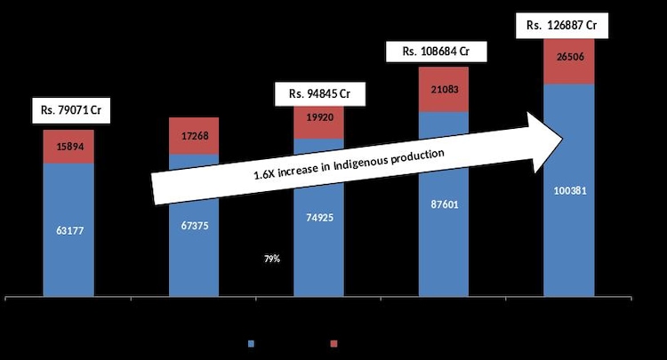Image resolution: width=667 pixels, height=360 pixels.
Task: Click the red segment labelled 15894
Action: click(x=68, y=146)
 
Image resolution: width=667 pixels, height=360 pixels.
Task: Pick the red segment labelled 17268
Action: click(x=194, y=136)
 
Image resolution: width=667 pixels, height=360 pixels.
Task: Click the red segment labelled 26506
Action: click(x=569, y=60)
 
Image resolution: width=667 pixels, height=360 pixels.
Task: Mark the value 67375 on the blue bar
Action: click(x=194, y=226)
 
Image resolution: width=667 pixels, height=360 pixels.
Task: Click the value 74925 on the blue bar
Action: click(x=317, y=216)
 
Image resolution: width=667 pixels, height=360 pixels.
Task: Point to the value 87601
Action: click(x=443, y=204)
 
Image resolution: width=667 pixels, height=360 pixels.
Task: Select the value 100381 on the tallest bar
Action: click(x=569, y=191)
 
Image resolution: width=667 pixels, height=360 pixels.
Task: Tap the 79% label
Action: click(x=271, y=259)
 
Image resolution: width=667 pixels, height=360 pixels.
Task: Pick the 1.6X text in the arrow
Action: click(x=266, y=176)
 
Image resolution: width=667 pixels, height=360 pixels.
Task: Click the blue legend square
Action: click(x=252, y=342)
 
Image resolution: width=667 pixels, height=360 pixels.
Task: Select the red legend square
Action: click(x=333, y=342)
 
